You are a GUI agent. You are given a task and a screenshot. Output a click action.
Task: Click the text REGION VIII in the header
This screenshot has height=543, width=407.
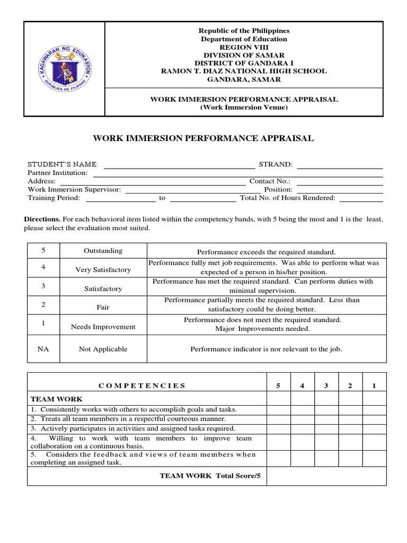click(244, 47)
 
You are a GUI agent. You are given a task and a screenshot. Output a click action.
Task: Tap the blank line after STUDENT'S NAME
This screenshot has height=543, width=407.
click(179, 164)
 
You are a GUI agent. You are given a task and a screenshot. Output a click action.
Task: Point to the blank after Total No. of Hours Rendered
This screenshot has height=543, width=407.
click(361, 198)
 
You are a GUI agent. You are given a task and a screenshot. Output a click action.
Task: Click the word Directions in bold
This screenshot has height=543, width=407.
click(42, 219)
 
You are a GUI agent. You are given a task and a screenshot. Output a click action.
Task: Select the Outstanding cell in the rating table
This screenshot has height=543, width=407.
click(103, 251)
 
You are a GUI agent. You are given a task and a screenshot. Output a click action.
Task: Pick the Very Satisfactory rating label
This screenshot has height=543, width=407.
click(103, 270)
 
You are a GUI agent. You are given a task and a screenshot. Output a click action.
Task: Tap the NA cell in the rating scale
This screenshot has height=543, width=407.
click(43, 349)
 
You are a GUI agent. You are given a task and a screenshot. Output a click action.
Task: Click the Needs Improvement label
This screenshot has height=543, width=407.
click(103, 327)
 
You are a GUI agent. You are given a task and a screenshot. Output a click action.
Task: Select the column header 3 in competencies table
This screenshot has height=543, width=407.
click(326, 386)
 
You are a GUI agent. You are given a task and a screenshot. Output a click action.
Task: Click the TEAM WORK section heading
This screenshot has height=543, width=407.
click(49, 399)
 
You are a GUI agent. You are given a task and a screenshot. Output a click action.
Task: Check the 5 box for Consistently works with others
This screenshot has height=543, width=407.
click(278, 409)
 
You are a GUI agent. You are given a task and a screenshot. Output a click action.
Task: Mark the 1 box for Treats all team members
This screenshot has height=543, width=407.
click(374, 419)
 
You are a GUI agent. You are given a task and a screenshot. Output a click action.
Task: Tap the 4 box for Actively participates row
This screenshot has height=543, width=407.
click(302, 428)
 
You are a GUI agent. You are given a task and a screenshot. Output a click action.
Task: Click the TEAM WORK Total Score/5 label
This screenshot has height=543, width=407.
click(210, 476)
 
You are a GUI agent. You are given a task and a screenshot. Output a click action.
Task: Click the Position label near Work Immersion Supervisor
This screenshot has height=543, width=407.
click(279, 189)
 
